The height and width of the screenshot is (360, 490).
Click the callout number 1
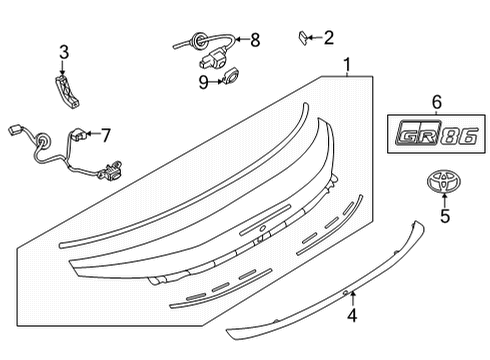pyautogui.click(x=346, y=67)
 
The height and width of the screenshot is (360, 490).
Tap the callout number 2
pyautogui.click(x=329, y=38)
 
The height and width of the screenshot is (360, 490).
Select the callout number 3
pyautogui.click(x=63, y=52)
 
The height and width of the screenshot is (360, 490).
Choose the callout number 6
pyautogui.click(x=435, y=101)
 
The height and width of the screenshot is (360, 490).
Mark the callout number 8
pyautogui.click(x=254, y=41)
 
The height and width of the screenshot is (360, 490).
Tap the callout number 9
pyautogui.click(x=203, y=82)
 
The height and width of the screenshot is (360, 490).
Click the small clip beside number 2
pyautogui.click(x=301, y=38)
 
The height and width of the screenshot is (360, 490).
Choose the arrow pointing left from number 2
pyautogui.click(x=315, y=38)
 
